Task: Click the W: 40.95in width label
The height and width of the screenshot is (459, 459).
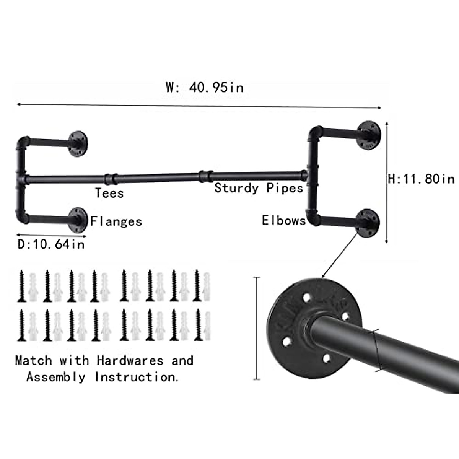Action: pos(205,88)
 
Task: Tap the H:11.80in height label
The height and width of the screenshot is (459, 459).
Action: pos(421,179)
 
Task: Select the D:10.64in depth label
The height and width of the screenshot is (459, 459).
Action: pos(51,244)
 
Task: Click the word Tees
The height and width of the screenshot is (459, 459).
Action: pos(109,193)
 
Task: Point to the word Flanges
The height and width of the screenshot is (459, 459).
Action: pos(116,221)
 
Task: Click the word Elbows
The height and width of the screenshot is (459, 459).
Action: pos(283,221)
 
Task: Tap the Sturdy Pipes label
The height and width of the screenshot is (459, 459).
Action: pos(259,188)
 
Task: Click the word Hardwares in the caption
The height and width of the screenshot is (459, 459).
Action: pos(130,360)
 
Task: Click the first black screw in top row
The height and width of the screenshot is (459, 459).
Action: pos(22,286)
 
